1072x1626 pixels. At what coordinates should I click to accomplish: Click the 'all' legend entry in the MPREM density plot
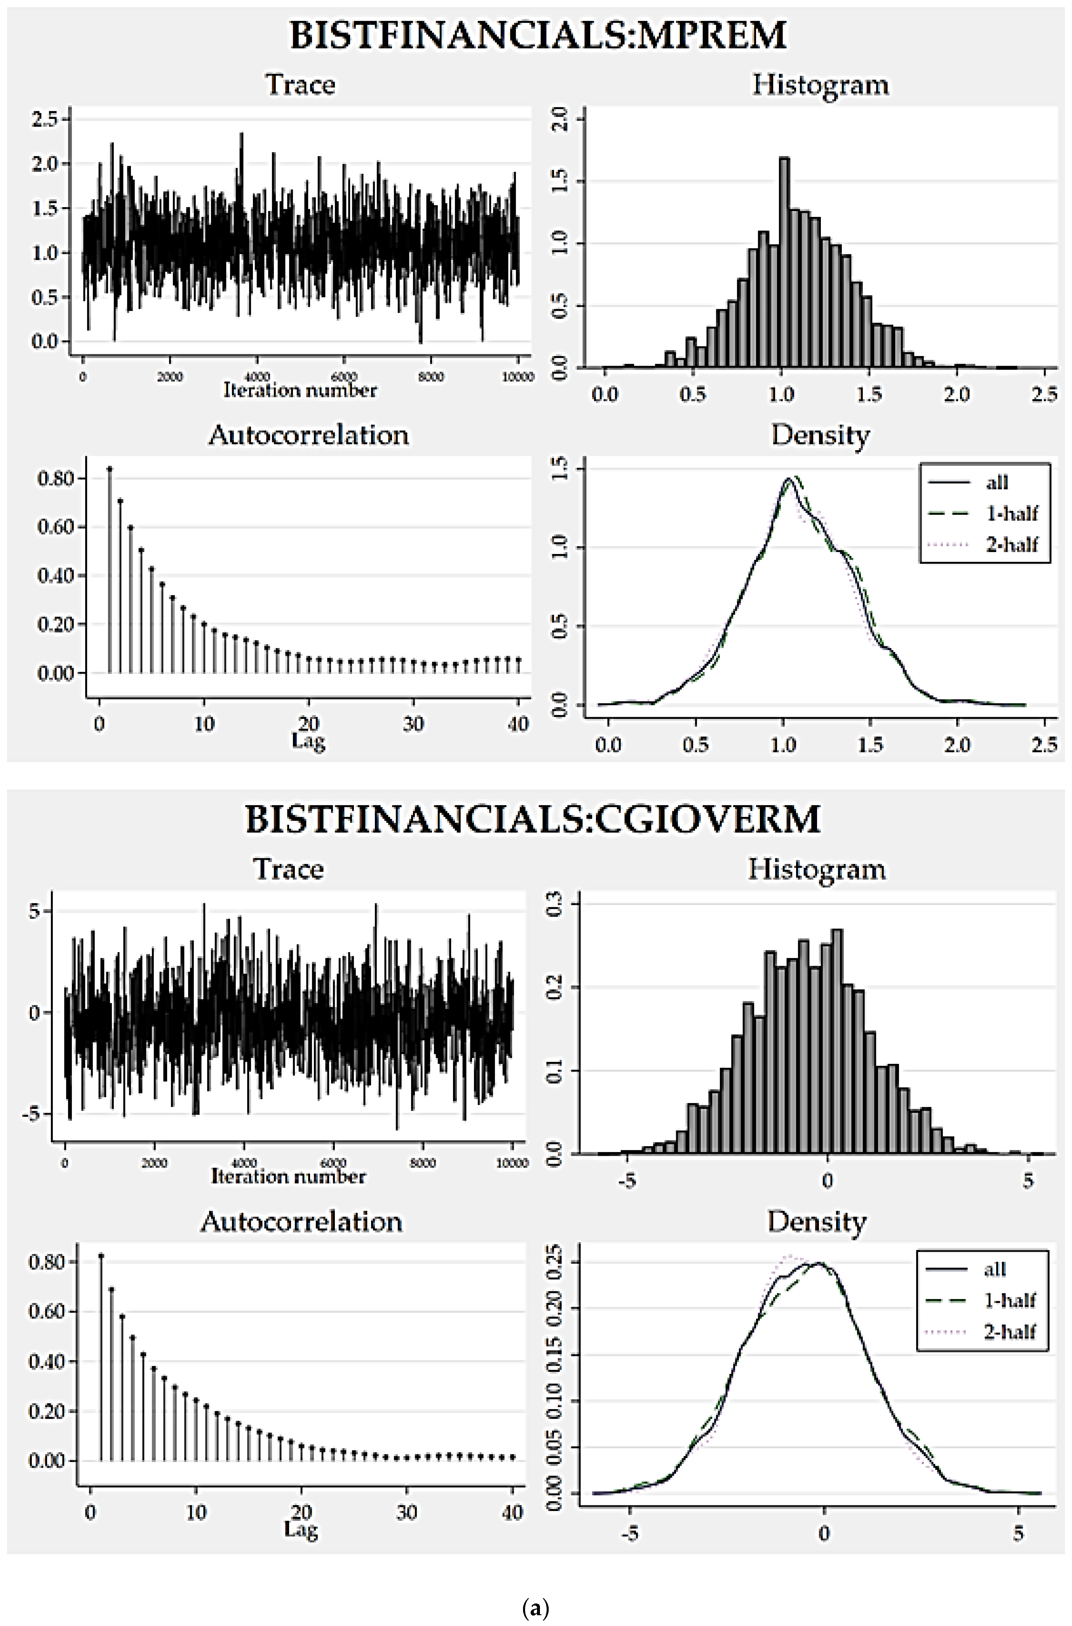(x=997, y=483)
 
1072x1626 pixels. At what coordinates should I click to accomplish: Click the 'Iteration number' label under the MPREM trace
(x=300, y=391)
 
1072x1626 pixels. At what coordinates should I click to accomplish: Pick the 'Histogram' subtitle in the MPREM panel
(x=820, y=85)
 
